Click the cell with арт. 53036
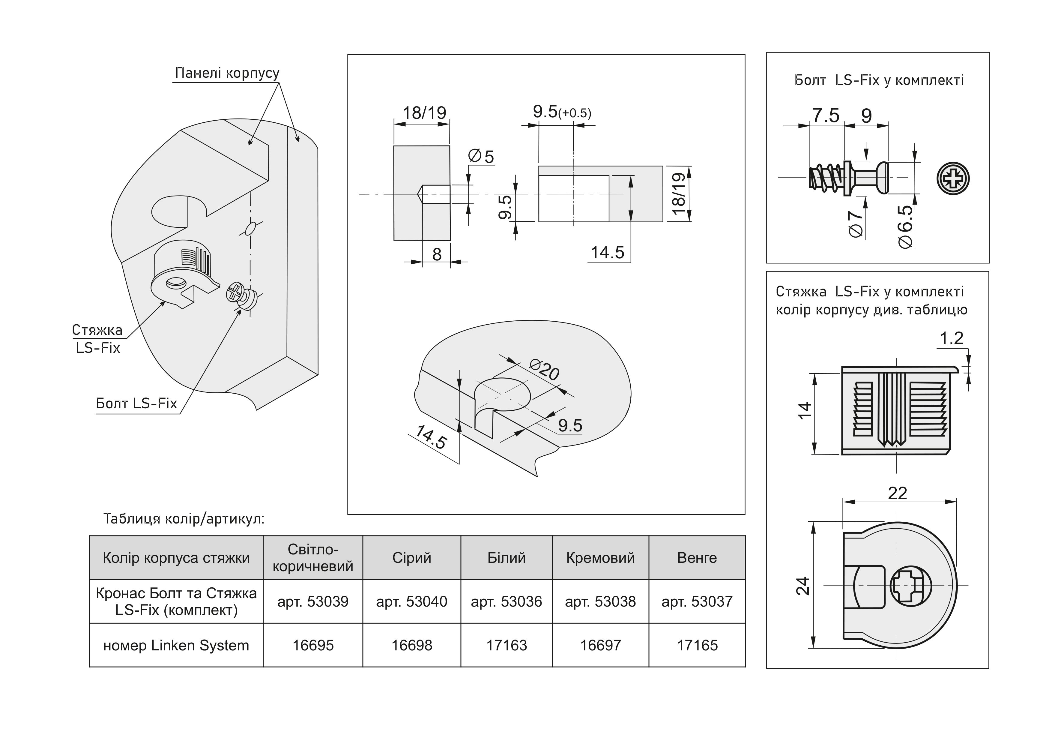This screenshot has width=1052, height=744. [506, 601]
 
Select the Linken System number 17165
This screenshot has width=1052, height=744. [697, 645]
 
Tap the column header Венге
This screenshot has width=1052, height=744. [697, 558]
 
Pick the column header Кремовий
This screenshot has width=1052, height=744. [600, 558]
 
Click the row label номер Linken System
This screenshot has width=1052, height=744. [176, 645]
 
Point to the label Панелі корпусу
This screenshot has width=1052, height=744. [227, 73]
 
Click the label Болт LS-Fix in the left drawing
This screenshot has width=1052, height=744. [136, 403]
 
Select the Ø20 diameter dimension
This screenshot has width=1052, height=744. [544, 370]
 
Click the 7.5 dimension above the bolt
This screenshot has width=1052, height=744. [825, 115]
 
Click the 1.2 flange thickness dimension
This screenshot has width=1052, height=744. [951, 338]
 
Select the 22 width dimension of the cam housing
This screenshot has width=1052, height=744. [897, 493]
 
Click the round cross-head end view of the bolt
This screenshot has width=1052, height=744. [953, 178]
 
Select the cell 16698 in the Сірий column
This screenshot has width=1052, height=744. [411, 645]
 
